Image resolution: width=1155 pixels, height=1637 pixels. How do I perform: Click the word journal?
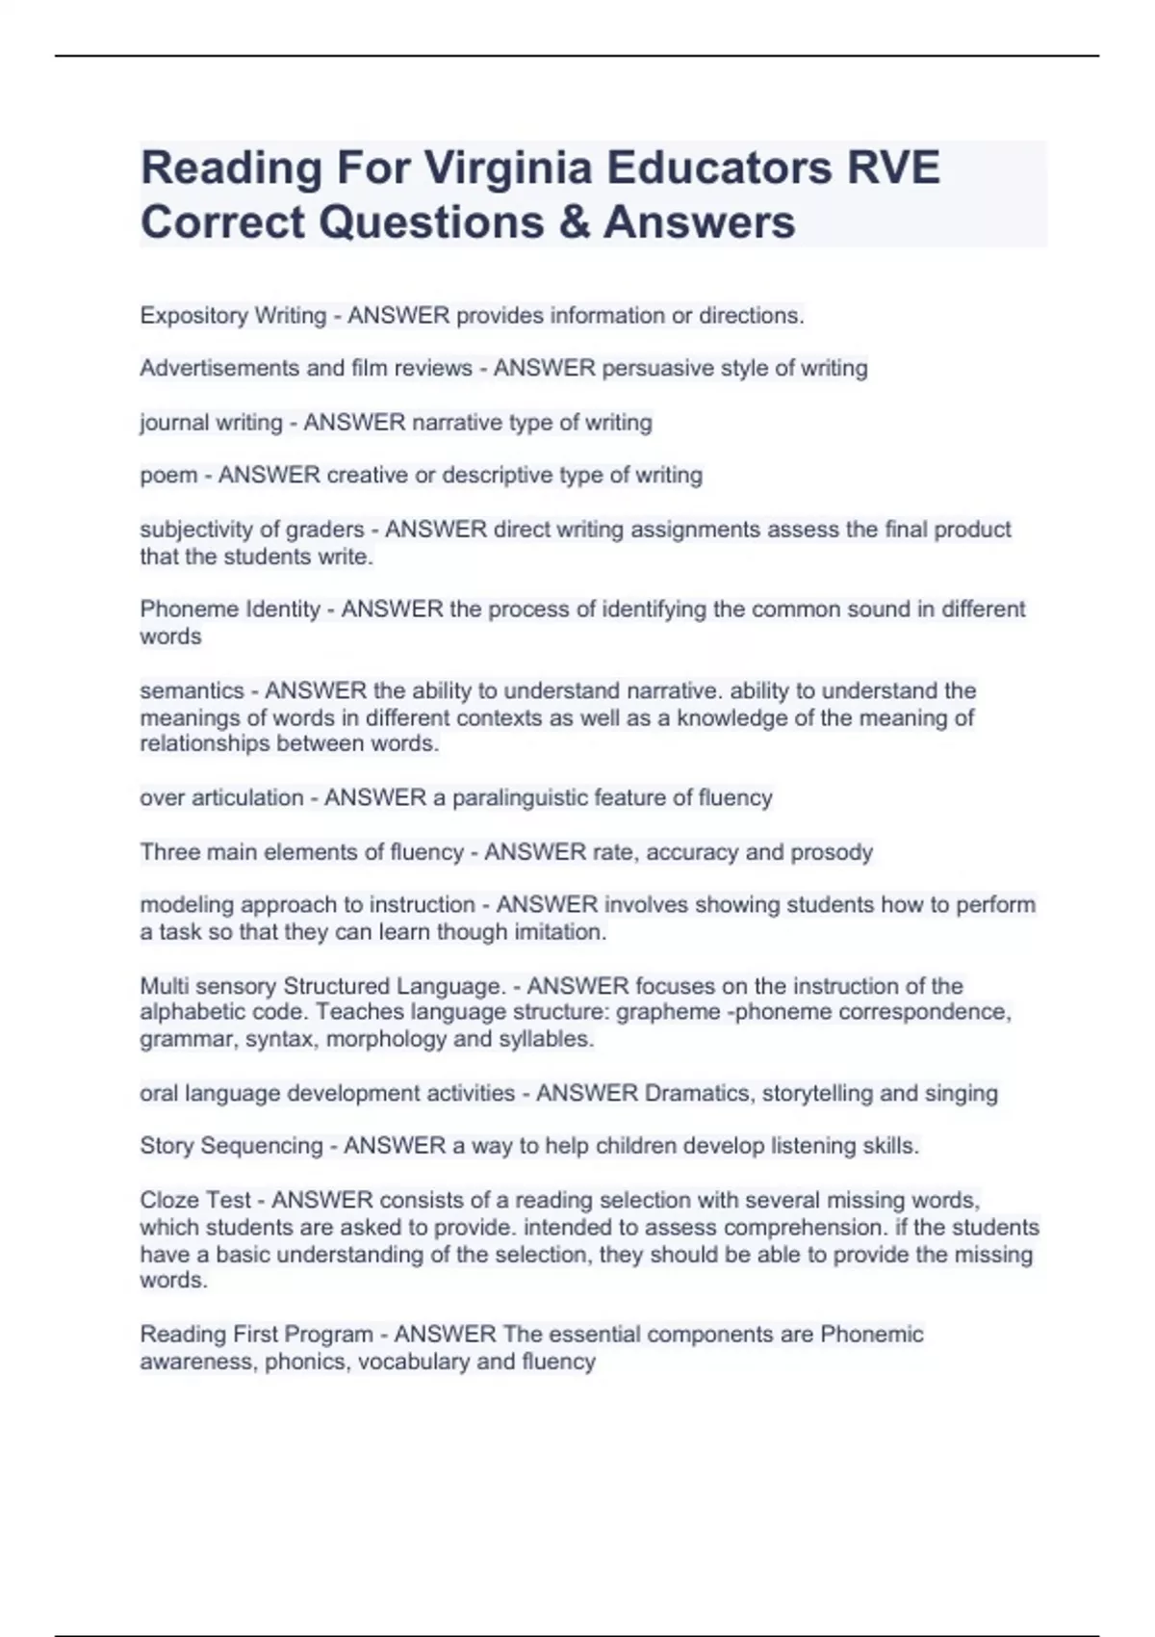[174, 423]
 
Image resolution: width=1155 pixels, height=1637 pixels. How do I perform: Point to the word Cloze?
[168, 1201]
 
